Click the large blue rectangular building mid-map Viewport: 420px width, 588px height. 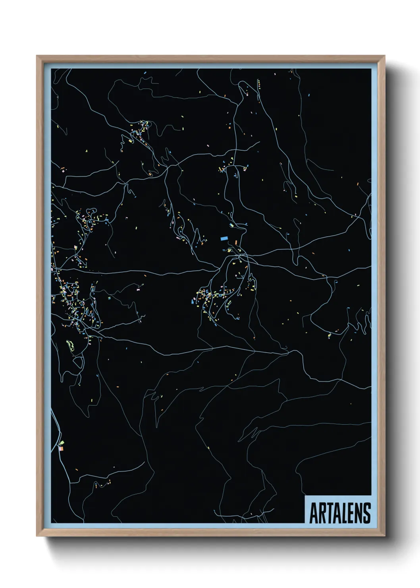coord(224,239)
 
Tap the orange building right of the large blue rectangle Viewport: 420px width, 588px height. coord(236,242)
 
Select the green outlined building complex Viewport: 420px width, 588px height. coord(70,345)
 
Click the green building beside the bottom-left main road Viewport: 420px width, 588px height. coord(62,443)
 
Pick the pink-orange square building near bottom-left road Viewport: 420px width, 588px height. coord(61,449)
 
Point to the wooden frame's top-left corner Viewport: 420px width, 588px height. coord(37,56)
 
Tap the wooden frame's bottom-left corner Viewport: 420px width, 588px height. coord(37,536)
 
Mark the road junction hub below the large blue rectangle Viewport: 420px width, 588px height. coord(239,257)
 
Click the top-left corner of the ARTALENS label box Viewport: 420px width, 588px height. coord(305,496)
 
